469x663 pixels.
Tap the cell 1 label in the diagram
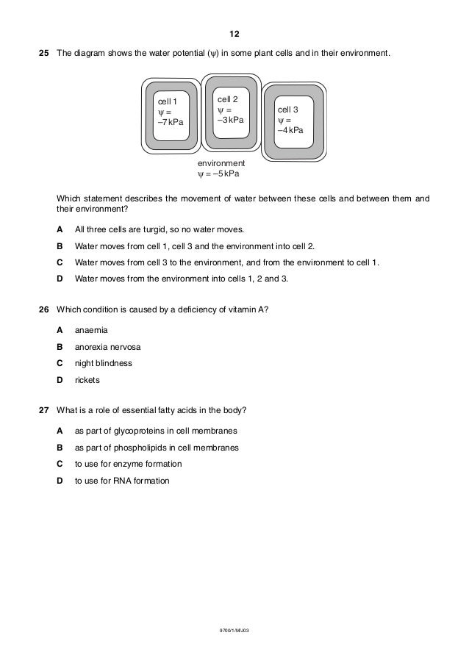166,101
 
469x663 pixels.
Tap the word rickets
87,380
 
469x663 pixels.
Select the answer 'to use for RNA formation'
122,481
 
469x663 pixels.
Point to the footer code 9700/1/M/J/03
234,631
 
